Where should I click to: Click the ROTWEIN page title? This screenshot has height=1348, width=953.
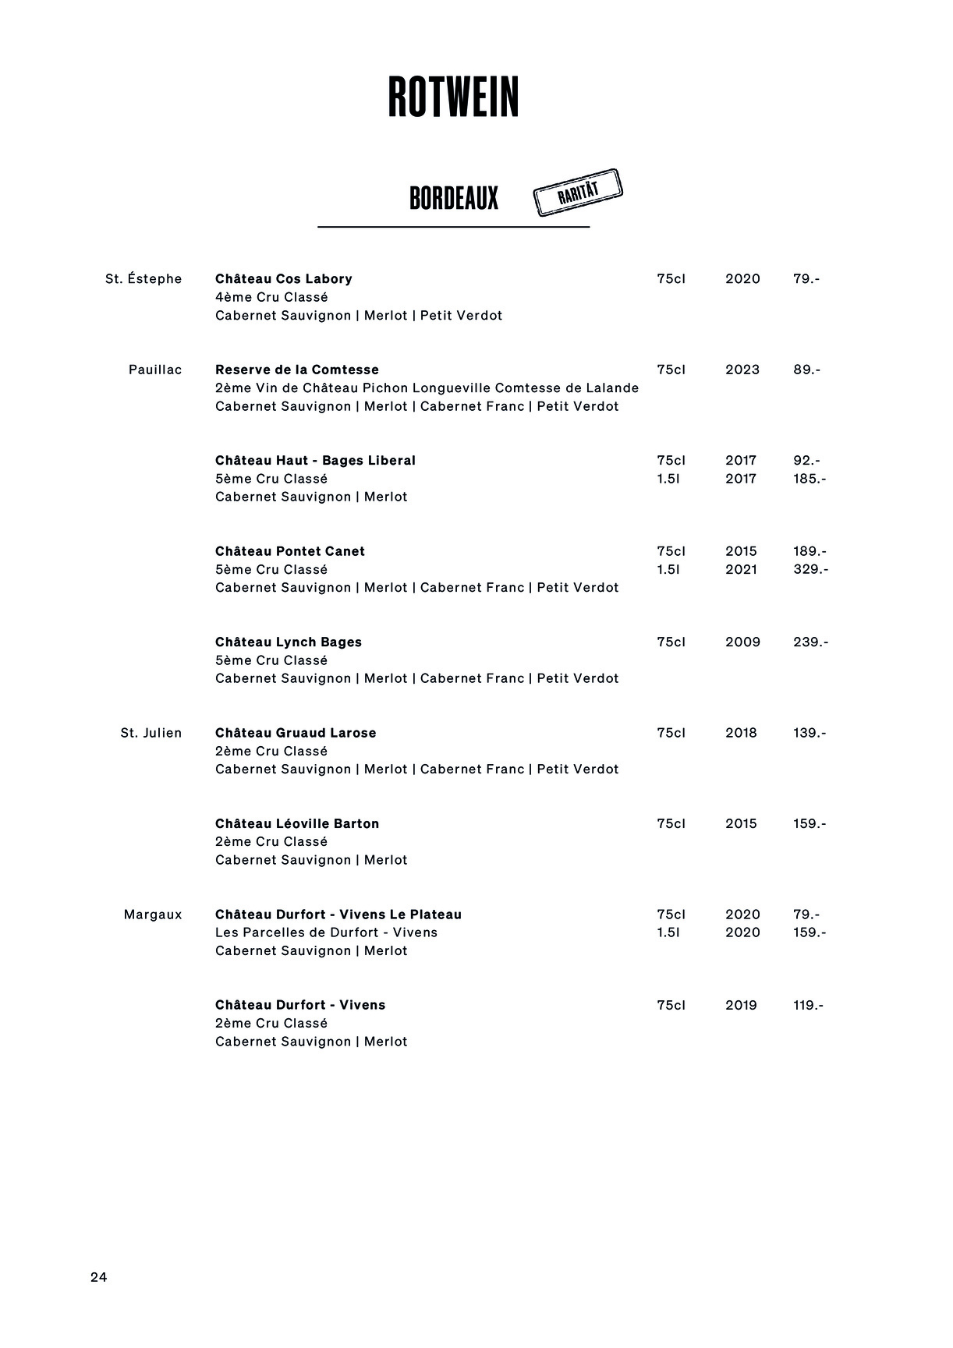pos(453,97)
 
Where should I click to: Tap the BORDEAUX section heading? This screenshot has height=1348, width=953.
pos(453,199)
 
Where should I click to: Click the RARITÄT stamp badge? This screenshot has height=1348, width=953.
pos(578,192)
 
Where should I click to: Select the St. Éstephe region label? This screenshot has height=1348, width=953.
pos(143,279)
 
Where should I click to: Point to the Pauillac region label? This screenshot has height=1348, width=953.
pos(155,370)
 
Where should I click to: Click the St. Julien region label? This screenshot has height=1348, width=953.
pos(151,733)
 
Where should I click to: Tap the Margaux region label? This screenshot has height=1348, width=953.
pos(153,915)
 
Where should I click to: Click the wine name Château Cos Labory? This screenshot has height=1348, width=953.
pos(284,279)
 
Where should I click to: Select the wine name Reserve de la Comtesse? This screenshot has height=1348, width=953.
pos(297,370)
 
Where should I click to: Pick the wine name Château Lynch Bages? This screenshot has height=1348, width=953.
pos(289,642)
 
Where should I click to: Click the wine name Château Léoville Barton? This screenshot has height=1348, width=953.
pos(297,824)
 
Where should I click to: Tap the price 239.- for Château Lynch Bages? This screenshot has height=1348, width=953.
pos(810,642)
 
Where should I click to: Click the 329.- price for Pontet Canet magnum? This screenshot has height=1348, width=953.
pos(810,570)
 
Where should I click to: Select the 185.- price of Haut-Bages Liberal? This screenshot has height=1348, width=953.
pos(810,479)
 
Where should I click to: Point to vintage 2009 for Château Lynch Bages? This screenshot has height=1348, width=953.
pos(741,642)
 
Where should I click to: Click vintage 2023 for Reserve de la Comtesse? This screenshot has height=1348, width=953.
pos(742,370)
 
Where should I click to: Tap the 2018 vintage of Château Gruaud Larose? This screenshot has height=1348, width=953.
pos(741,733)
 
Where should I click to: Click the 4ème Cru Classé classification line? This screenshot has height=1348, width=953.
pos(271,297)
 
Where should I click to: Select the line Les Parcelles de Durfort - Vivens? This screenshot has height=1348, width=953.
pos(326,932)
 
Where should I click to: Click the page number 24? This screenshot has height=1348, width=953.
pos(99,1277)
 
